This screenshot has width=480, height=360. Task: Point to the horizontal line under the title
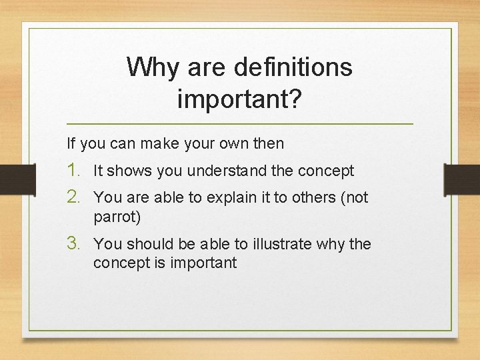tap(240, 125)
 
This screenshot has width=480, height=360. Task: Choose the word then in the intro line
tap(269, 143)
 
